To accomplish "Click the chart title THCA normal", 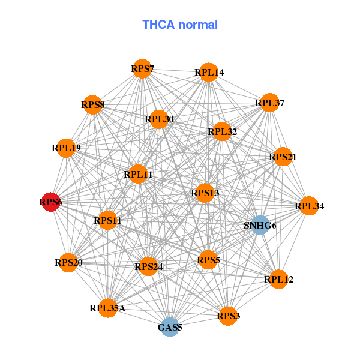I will pyautogui.click(x=179, y=25).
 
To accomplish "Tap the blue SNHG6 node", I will pyautogui.click(x=260, y=226).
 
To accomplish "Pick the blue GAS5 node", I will pyautogui.click(x=170, y=327).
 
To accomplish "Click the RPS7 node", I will pyautogui.click(x=142, y=69).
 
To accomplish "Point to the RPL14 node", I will pyautogui.click(x=208, y=73).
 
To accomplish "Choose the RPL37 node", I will pyautogui.click(x=269, y=103).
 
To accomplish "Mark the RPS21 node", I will pyautogui.click(x=283, y=157).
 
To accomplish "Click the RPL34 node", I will pyautogui.click(x=309, y=206).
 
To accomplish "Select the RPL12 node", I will pyautogui.click(x=278, y=279).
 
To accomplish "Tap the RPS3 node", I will pyautogui.click(x=228, y=315).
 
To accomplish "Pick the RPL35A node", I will pyautogui.click(x=108, y=308).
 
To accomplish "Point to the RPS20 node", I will pyautogui.click(x=69, y=262).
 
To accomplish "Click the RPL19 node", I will pyautogui.click(x=66, y=148).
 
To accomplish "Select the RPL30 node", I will pyautogui.click(x=159, y=119).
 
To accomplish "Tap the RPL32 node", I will pyautogui.click(x=222, y=131).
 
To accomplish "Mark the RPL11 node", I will pyautogui.click(x=138, y=175).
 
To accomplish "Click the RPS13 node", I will pyautogui.click(x=205, y=193).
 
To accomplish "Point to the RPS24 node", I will pyautogui.click(x=148, y=266).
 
